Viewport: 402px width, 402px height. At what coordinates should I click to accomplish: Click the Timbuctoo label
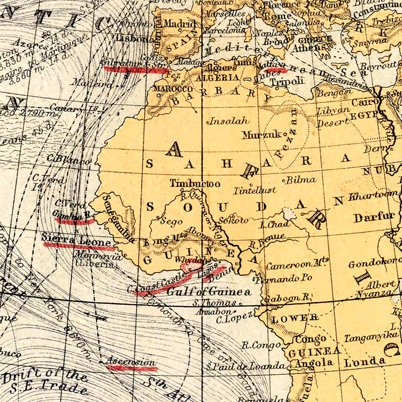pos(195,184)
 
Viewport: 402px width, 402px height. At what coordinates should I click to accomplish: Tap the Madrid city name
pos(180,24)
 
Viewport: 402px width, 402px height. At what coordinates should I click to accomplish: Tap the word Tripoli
pos(287,81)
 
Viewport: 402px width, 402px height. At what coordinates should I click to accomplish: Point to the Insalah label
pos(229,121)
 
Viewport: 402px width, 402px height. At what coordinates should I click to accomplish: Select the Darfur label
pos(374,217)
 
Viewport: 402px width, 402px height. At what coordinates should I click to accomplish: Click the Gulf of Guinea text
pos(209,291)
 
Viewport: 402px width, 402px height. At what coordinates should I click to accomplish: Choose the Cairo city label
pos(365,102)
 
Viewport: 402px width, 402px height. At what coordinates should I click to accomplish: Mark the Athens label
pos(308,48)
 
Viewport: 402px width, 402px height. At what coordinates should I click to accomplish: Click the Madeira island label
pos(92,83)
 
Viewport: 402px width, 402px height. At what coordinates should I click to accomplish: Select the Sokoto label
pos(233,220)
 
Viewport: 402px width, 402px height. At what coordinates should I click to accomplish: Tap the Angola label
pos(314,363)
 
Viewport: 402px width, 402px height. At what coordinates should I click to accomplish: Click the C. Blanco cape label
pos(69,160)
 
